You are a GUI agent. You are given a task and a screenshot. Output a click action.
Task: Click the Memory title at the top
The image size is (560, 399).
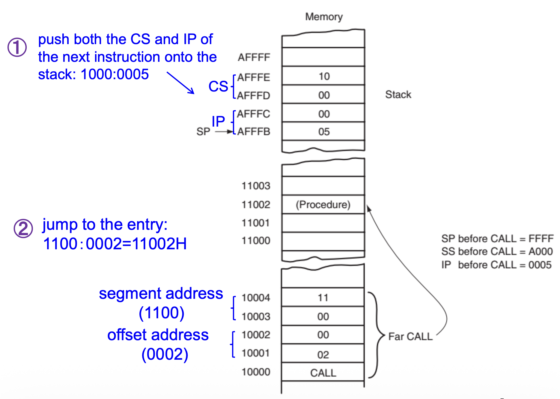click(324, 17)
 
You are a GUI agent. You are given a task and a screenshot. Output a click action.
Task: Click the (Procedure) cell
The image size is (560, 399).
click(323, 205)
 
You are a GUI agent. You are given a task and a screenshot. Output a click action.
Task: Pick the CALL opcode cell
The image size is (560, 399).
click(323, 373)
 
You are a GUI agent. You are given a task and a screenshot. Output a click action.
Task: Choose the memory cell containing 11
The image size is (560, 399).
click(323, 298)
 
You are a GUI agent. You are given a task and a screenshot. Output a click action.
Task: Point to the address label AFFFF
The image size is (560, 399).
click(254, 57)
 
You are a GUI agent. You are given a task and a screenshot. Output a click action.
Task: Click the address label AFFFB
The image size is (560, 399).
click(254, 131)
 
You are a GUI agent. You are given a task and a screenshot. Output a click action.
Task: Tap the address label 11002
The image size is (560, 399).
click(256, 205)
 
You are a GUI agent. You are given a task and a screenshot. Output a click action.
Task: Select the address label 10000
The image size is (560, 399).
click(256, 372)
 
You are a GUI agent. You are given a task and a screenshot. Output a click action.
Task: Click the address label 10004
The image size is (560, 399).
click(256, 298)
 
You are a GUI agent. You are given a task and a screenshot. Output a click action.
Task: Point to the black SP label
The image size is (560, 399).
click(203, 131)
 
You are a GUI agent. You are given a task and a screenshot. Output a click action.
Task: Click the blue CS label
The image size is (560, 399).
click(218, 86)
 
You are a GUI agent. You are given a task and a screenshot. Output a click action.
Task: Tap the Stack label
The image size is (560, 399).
click(398, 94)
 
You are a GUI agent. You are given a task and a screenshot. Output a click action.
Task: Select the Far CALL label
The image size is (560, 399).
click(410, 337)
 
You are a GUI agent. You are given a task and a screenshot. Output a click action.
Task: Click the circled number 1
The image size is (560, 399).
click(17, 47)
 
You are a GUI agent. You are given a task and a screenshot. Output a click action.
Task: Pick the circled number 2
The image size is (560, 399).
click(23, 228)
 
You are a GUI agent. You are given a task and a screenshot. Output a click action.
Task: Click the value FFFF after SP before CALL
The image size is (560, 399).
click(541, 238)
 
